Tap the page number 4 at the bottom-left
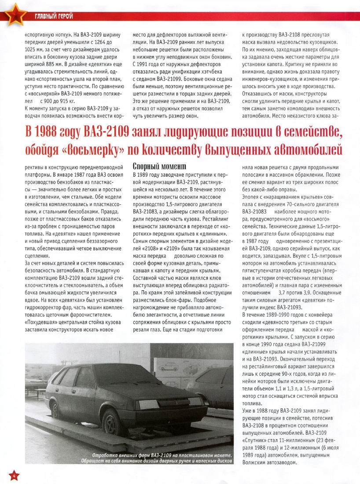[13, 475]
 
